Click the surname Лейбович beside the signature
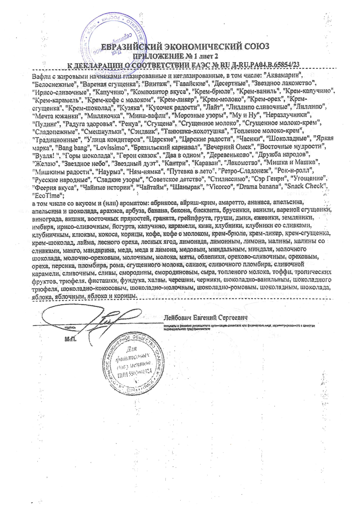point(179,317)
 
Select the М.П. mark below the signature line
point(70,339)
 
